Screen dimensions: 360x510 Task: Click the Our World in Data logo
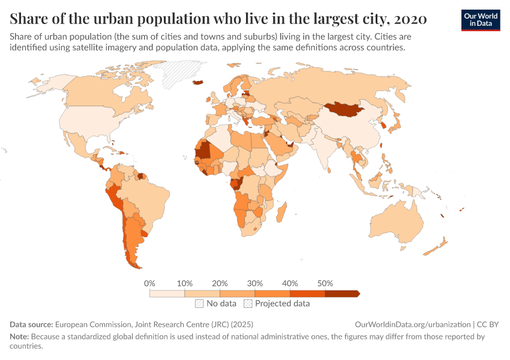click(481, 19)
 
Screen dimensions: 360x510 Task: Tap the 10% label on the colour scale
click(185, 283)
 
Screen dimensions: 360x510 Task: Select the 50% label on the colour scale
click(325, 283)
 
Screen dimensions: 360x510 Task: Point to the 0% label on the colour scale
click(150, 283)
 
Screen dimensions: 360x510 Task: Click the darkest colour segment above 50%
click(341, 293)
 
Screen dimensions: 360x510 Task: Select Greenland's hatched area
click(179, 73)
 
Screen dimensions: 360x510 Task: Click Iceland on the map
click(198, 83)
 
